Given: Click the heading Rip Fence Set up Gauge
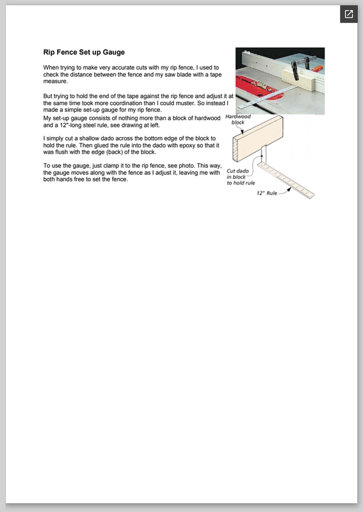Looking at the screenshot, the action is point(84,52).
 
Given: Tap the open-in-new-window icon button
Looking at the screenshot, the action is point(349,14).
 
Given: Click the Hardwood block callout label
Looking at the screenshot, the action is point(238,119).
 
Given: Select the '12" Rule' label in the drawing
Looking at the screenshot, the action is point(267,193).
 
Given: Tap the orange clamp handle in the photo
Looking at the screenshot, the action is point(318,68).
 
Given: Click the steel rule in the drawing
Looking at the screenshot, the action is point(286,180).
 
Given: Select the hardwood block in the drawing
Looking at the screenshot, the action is point(258,138).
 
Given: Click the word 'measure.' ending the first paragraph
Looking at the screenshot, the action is point(56,81).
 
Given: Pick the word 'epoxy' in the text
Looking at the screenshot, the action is point(187,145).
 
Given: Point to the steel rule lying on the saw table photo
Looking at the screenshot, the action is point(266,97).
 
